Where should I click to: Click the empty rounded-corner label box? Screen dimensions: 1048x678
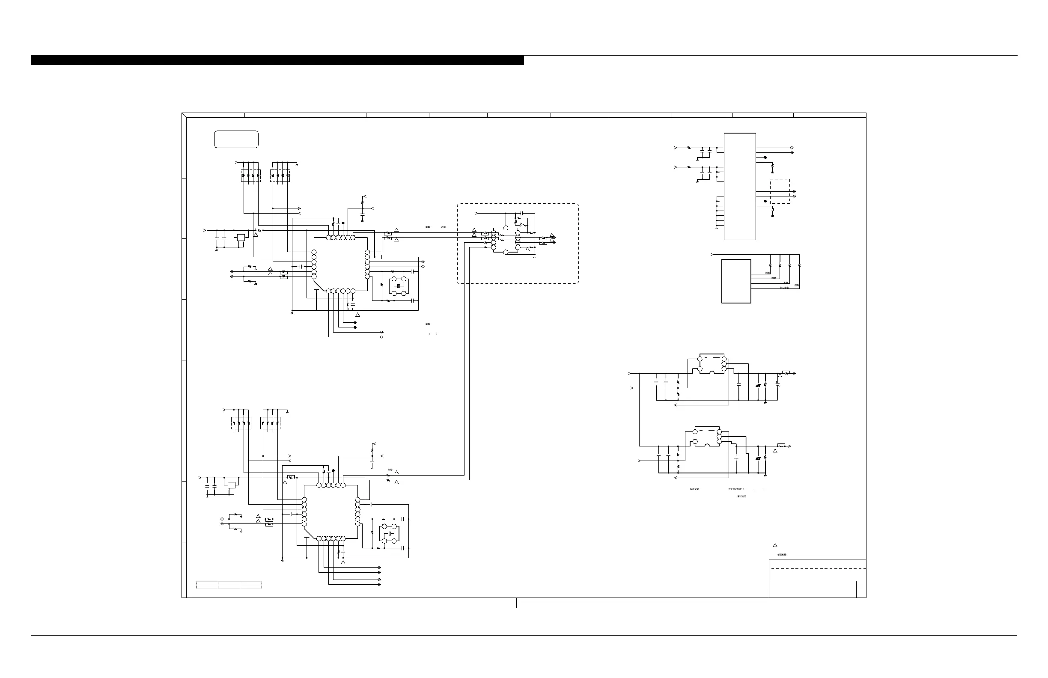point(236,139)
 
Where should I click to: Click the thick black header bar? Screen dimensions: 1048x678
point(277,60)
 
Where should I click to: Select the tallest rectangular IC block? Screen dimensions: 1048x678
point(740,186)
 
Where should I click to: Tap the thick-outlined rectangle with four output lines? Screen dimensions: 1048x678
point(736,281)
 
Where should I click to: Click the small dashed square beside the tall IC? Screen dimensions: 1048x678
point(780,191)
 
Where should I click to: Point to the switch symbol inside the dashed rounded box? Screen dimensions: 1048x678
point(523,226)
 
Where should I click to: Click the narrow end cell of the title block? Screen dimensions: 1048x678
point(861,589)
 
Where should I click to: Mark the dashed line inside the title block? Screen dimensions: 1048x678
point(817,568)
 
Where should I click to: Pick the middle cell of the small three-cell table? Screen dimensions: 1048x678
point(229,585)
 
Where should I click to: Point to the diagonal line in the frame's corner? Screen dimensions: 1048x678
point(184,115)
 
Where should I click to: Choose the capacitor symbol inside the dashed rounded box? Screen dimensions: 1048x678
point(519,214)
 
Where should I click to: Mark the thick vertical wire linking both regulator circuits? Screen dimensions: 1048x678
point(639,410)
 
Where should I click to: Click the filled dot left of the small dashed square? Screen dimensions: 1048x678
point(765,201)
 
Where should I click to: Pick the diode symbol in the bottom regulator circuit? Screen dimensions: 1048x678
point(758,459)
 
